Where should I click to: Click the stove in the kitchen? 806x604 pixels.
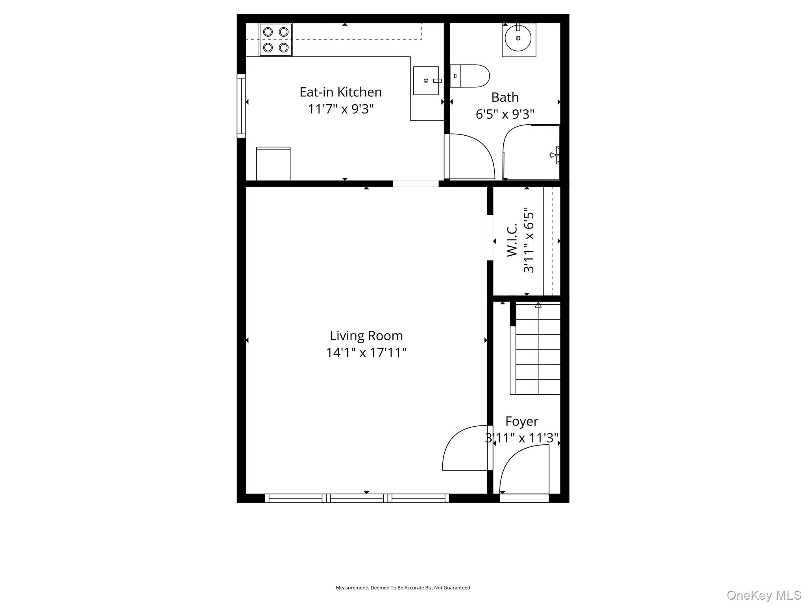point(275,40)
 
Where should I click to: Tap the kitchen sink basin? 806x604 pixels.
point(426,81)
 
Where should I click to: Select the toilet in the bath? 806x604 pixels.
point(470,76)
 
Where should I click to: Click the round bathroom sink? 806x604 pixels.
point(518,38)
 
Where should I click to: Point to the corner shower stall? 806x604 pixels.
point(531,152)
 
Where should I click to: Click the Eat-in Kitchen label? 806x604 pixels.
point(341,92)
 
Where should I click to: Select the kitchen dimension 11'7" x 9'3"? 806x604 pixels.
point(341,109)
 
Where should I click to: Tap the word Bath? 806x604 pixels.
point(505,97)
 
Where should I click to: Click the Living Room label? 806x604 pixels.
point(366,336)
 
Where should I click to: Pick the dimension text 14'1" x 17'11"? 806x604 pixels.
point(366,353)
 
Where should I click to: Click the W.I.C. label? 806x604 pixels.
point(512,240)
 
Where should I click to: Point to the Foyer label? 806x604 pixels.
point(522,421)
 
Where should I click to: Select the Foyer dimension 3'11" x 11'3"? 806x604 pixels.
point(522,438)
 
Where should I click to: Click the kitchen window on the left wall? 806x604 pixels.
point(241,106)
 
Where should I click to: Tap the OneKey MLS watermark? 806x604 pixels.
point(764,595)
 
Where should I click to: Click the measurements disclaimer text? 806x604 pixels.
point(403,587)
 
